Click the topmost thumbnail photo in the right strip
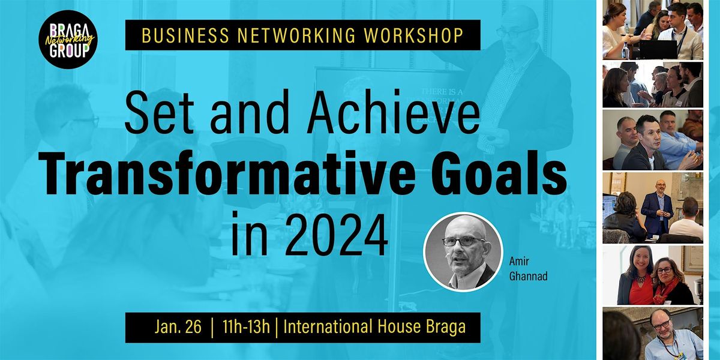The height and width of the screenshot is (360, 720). pos(652,30)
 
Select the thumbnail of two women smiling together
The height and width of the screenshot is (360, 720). pos(652,275)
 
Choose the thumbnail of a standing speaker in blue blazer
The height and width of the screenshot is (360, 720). pos(652,206)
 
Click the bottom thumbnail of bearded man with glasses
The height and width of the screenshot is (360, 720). pos(652,333)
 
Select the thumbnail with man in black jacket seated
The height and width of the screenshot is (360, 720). pos(652,140)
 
